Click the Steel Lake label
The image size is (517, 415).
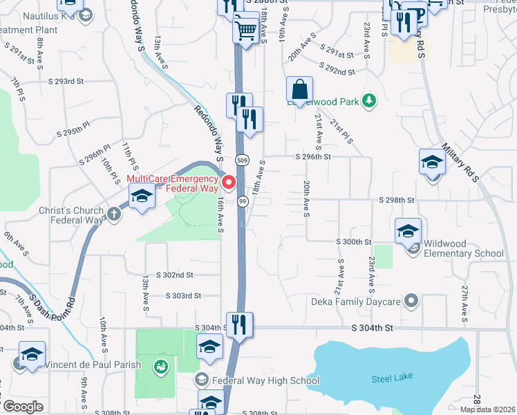[391, 378]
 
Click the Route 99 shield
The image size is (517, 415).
[243, 201]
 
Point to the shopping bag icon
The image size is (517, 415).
[300, 90]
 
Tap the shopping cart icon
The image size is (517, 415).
[246, 29]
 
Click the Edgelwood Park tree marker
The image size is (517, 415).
[370, 101]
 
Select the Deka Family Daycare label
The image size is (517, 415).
[363, 302]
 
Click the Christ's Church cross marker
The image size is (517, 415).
[114, 214]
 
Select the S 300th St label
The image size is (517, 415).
[354, 242]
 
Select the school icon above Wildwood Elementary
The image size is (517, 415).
[408, 231]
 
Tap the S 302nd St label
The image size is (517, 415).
[173, 275]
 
